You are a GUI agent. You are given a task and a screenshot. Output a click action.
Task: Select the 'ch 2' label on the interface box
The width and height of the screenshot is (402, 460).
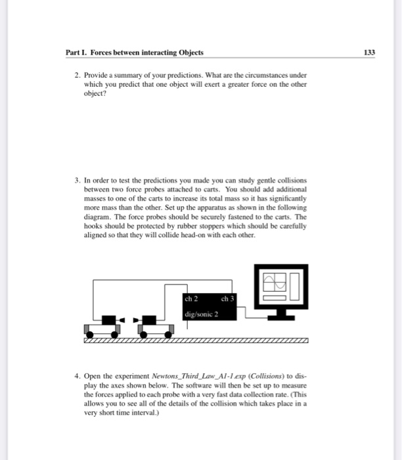tap(191, 299)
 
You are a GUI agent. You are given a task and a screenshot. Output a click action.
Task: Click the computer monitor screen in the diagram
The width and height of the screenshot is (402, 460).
tap(280, 287)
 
